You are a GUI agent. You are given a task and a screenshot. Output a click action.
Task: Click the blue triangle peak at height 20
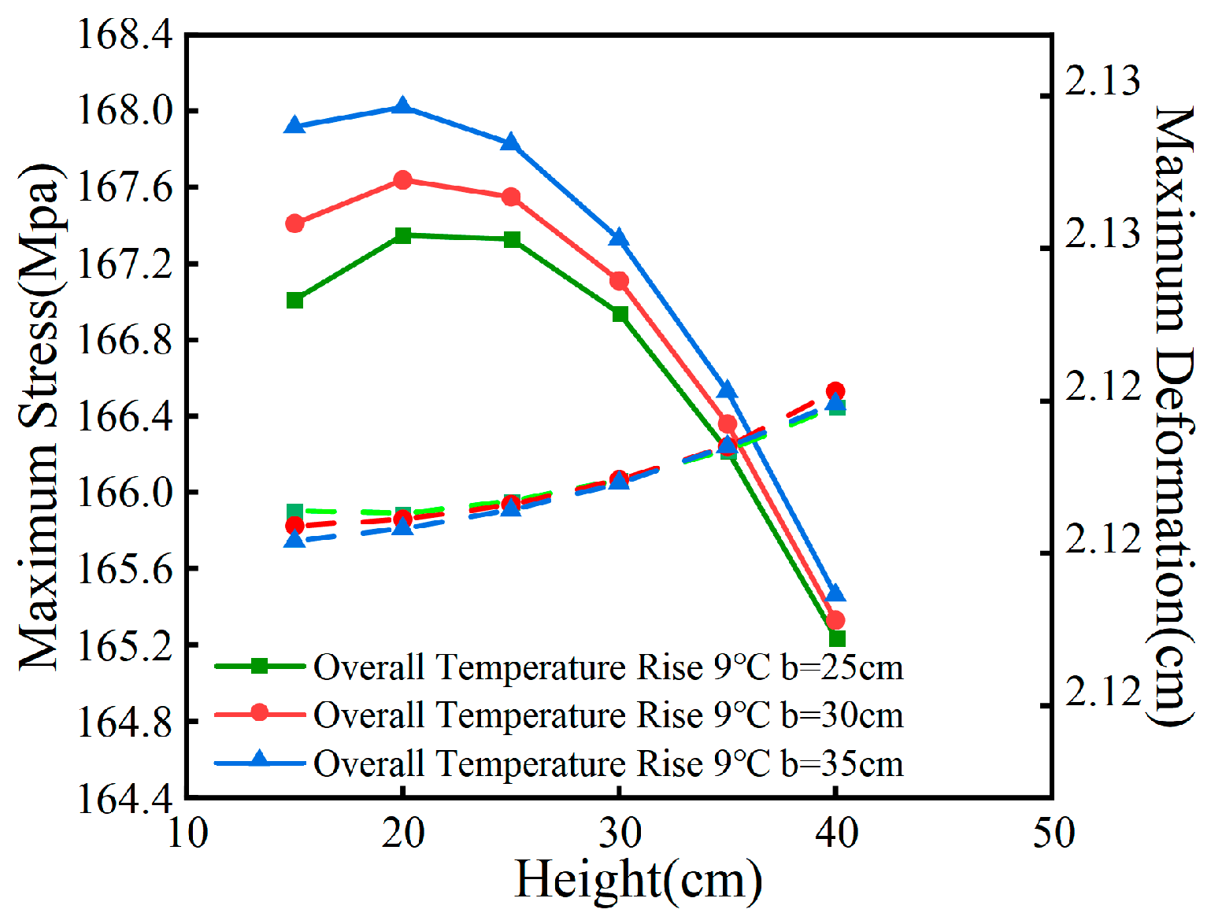point(403,106)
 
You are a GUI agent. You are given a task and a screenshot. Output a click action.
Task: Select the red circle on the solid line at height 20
point(403,180)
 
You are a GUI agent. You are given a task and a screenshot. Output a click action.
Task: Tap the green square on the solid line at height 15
point(295,300)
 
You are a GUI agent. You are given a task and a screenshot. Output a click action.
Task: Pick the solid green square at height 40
point(837,638)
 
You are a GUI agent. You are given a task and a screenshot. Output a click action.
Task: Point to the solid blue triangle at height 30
point(620,238)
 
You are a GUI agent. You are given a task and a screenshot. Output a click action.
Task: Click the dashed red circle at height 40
point(836,391)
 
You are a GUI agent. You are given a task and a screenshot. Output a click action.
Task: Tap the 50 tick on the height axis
point(1053,833)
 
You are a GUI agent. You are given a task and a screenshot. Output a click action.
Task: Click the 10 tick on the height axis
point(187,833)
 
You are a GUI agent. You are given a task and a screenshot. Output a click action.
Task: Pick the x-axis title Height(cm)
point(638,880)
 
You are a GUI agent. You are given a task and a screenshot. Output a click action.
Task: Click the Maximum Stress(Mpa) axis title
point(39,417)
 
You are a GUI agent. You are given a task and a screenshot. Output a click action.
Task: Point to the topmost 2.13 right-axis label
point(1102,81)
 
